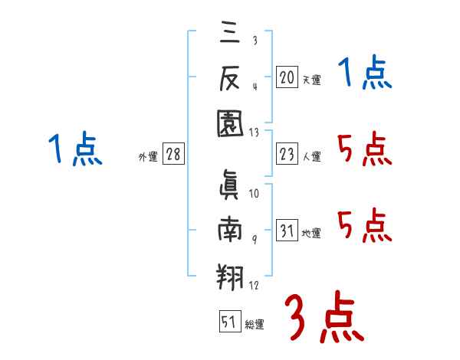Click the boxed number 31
(287, 231)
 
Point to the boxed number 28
(173, 155)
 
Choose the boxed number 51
(228, 322)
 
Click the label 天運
(311, 79)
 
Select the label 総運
(254, 324)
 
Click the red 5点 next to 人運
(364, 149)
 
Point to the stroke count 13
(254, 133)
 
